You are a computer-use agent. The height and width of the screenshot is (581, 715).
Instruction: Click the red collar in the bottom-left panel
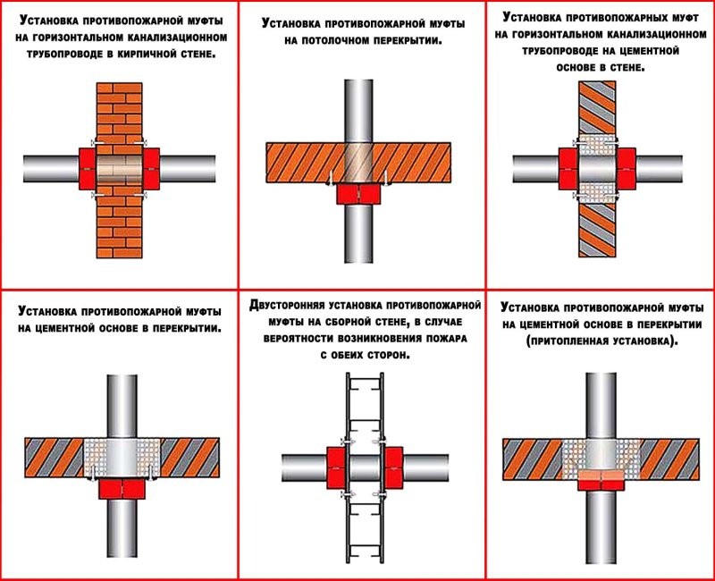[118, 488]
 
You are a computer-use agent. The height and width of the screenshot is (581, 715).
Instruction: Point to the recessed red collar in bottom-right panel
[601, 481]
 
